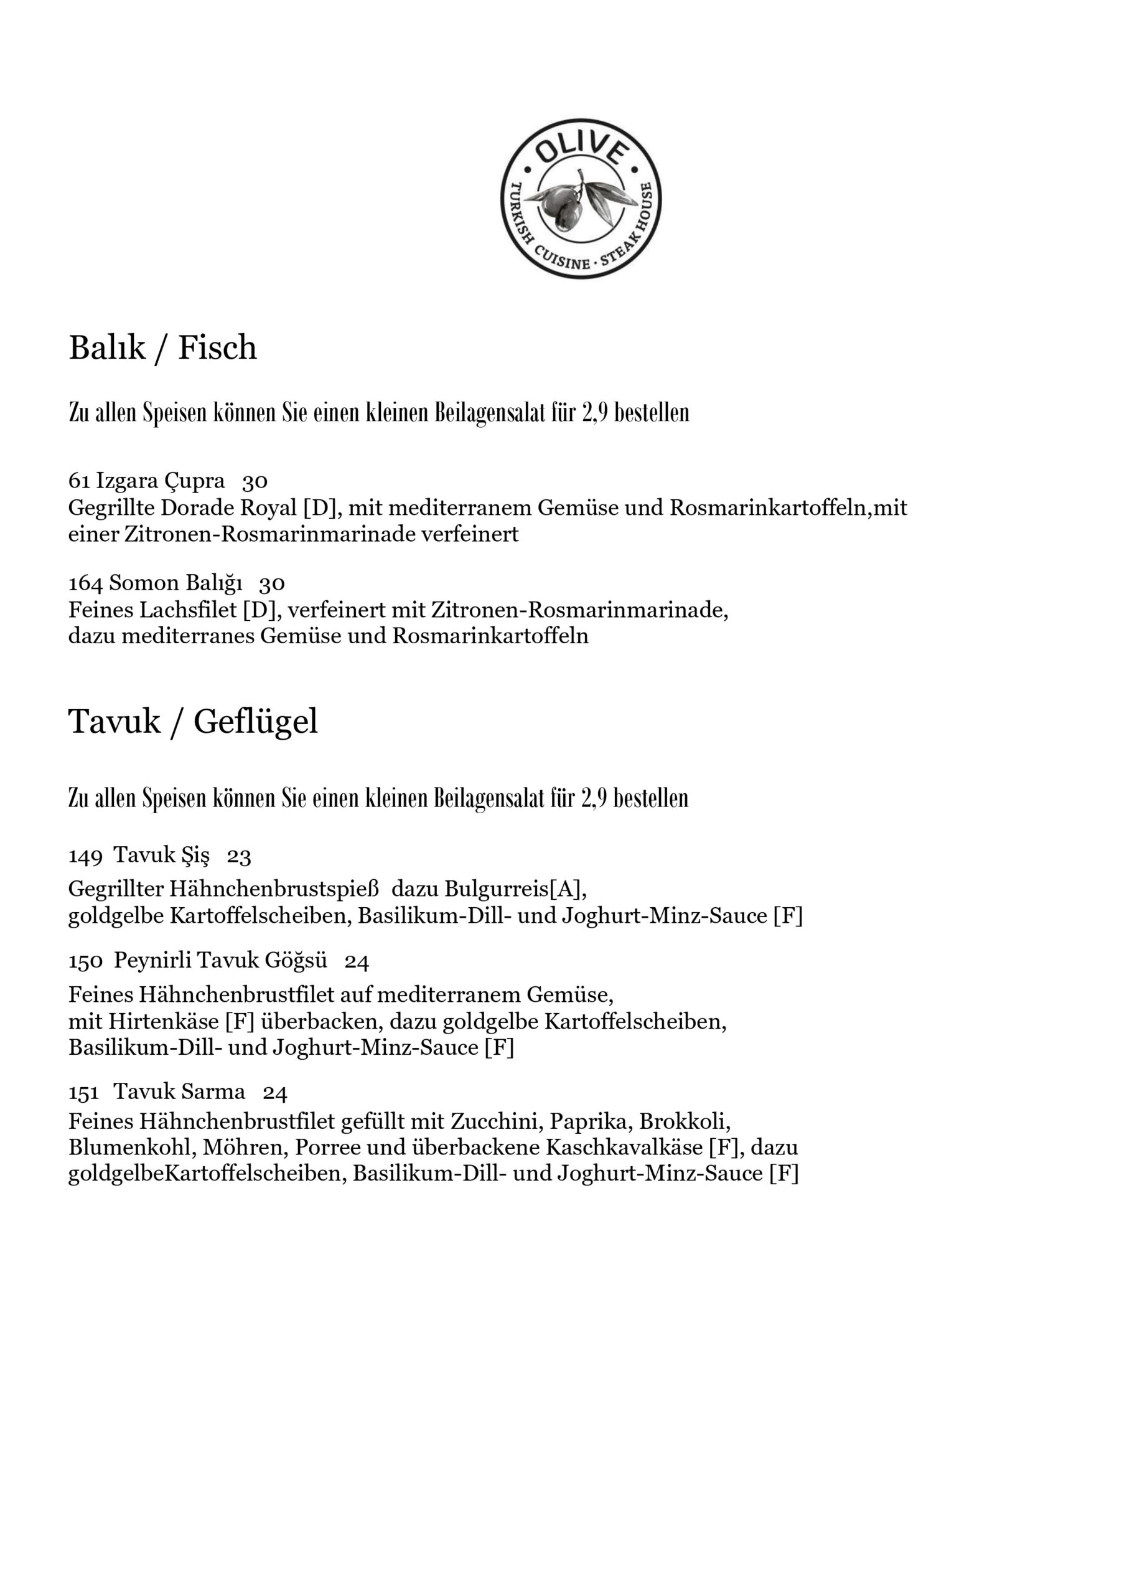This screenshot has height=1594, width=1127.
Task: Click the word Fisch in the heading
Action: point(217,348)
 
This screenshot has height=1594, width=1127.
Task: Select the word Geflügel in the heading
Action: point(255,722)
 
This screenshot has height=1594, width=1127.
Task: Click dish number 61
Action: point(78,481)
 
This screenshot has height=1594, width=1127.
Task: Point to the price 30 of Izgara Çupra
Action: point(255,481)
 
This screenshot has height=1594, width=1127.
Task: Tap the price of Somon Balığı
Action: point(271,583)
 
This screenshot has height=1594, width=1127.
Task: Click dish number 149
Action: point(85,856)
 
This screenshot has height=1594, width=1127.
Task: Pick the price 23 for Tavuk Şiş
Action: point(239,856)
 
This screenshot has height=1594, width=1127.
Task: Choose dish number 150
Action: point(85,961)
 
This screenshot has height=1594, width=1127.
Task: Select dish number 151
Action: point(83,1093)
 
